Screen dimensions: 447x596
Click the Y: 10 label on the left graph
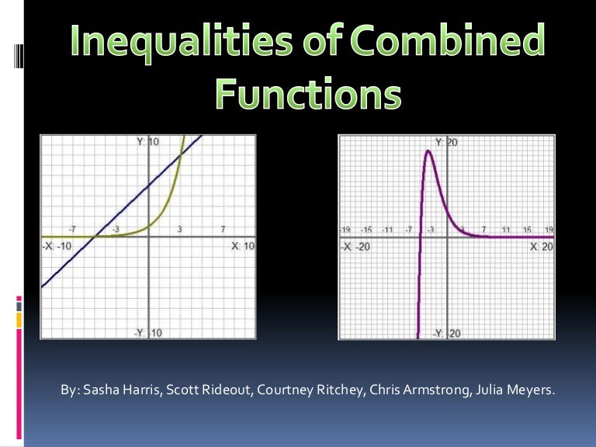tap(148, 142)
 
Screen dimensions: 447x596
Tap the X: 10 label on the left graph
tap(243, 246)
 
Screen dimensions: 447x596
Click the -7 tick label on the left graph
tap(71, 229)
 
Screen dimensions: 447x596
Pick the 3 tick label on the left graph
tap(179, 229)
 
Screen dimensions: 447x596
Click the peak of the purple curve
tap(428, 151)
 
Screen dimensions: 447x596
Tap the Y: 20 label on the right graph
tap(447, 142)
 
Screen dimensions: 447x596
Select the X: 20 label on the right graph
tap(542, 246)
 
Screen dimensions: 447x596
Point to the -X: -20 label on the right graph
tap(355, 246)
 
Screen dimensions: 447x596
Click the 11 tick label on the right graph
tap(506, 230)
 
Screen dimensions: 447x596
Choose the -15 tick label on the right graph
tap(367, 230)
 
